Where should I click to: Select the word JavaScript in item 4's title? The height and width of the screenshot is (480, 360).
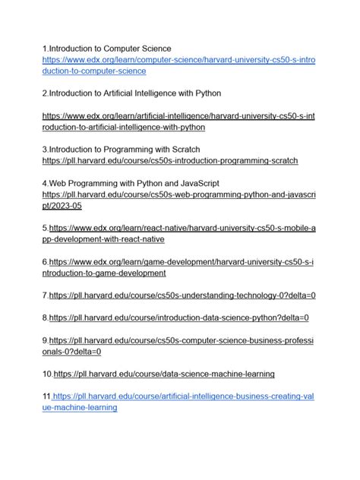195,184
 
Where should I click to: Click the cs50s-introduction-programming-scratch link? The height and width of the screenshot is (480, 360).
170,161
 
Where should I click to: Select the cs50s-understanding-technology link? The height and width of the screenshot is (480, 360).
182,295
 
